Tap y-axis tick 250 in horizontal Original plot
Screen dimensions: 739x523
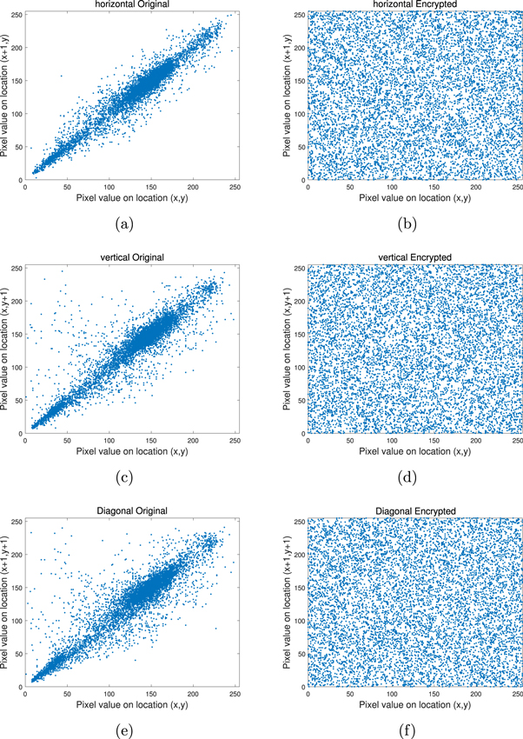tap(17, 13)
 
